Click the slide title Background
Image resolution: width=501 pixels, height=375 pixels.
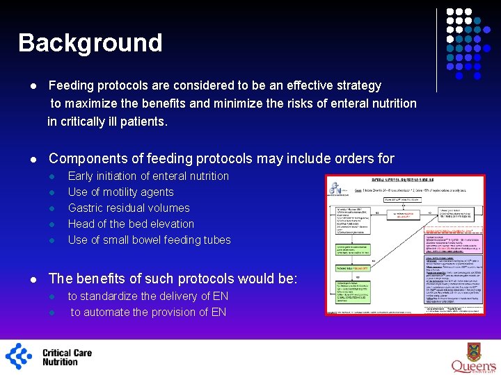[x=90, y=43]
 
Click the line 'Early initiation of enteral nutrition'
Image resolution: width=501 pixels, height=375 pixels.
[x=148, y=176]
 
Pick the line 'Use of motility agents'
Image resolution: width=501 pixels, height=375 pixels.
[x=120, y=192]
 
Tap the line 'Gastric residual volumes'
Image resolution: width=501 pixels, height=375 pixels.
[x=129, y=208]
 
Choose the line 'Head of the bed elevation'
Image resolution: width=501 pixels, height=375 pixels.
[x=131, y=224]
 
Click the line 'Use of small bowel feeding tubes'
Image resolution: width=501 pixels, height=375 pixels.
[x=149, y=240]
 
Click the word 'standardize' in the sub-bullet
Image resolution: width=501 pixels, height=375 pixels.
[x=111, y=297]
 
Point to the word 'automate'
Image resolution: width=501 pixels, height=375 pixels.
[x=111, y=312]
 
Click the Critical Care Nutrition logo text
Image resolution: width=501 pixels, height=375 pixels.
[x=67, y=357]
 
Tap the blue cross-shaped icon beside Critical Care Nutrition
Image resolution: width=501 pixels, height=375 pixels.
[x=19, y=356]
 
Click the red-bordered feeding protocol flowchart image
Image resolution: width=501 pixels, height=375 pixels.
[x=406, y=244]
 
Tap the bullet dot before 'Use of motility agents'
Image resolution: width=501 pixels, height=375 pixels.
[x=52, y=192]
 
